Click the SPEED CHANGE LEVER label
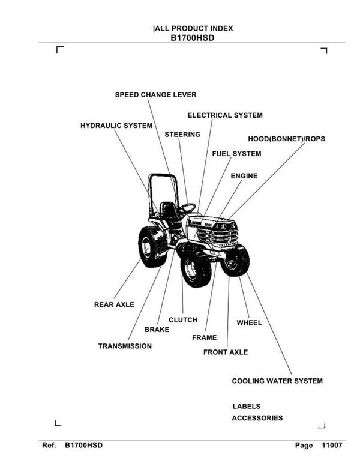click(155, 95)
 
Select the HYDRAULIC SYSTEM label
click(116, 126)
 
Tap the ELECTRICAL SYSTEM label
click(225, 115)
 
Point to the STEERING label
click(182, 135)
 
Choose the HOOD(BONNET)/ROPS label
click(286, 139)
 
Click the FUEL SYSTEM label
click(236, 154)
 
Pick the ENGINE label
click(244, 176)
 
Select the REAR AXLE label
click(114, 304)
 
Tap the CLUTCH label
click(183, 320)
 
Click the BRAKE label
click(157, 330)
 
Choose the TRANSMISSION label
click(125, 346)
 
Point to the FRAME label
click(204, 337)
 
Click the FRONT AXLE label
click(225, 352)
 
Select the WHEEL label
click(249, 323)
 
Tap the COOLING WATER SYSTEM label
click(277, 381)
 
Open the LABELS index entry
click(246, 407)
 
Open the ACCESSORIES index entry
click(257, 418)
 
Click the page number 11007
click(332, 446)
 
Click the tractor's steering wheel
click(187, 208)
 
